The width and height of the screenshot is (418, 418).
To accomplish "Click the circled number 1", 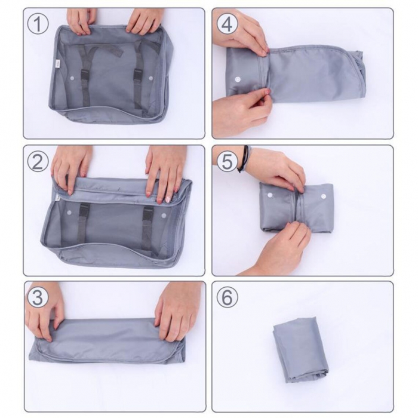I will (38, 25).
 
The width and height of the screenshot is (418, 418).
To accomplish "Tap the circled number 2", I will (38, 162).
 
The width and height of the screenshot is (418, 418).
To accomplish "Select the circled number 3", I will (38, 297).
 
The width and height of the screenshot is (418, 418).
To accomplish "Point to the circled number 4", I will (228, 25).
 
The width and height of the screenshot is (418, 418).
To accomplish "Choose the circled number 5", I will (228, 162).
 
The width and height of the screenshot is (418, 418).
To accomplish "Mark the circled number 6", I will (228, 297).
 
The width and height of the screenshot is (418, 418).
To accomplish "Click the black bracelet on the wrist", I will (243, 159).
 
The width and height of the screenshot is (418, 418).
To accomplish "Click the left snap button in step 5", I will (270, 195).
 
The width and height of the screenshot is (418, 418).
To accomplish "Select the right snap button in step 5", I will (323, 196).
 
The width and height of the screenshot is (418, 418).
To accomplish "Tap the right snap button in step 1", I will (150, 78).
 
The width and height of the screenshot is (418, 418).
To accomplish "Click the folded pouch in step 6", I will (300, 349).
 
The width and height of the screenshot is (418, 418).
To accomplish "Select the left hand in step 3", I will (45, 314).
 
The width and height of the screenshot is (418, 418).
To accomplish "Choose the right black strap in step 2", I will (147, 227).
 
